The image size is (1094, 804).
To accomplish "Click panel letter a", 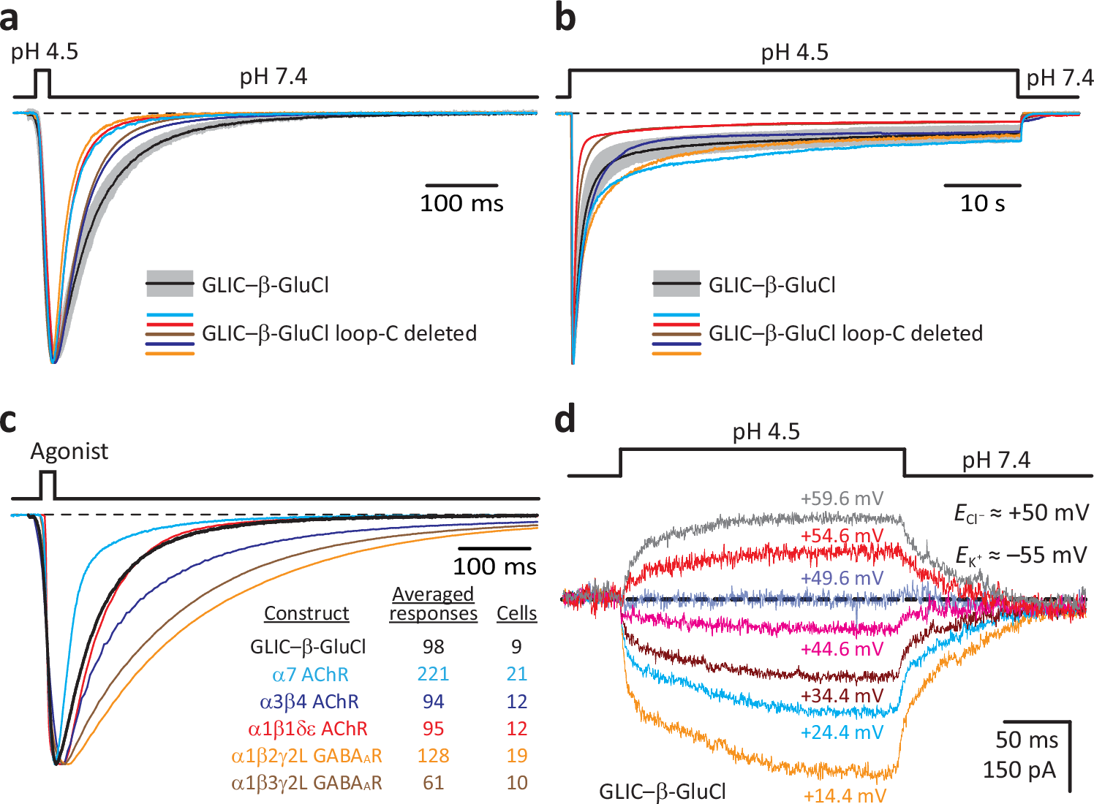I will (x=10, y=18).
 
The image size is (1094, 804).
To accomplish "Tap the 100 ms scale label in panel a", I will (x=461, y=203).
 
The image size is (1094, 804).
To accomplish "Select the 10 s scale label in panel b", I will (x=982, y=203).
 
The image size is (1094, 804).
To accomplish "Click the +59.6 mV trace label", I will (x=842, y=499).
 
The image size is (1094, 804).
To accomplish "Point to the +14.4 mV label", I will (x=844, y=795).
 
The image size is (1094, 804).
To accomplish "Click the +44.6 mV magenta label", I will (x=842, y=649).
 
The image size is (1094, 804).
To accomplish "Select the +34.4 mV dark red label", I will (x=842, y=695).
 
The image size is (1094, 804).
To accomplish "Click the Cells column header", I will (x=516, y=613).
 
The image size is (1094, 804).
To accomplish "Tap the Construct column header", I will (x=306, y=613).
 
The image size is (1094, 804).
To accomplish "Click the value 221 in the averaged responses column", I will (x=433, y=674).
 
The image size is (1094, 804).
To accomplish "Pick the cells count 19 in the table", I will (x=516, y=755).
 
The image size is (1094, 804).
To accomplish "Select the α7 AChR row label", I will (x=310, y=674).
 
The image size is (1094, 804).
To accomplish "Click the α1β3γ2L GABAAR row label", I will (x=306, y=783).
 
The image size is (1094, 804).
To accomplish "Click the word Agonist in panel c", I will (x=69, y=452).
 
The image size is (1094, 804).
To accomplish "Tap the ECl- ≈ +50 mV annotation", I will (x=1021, y=513).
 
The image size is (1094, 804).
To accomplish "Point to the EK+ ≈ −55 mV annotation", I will (x=1021, y=555).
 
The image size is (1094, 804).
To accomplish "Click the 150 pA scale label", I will (x=1019, y=770).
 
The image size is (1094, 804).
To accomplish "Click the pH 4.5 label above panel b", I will (x=794, y=53).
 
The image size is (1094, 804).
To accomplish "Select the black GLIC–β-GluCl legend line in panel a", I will (x=170, y=284).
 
